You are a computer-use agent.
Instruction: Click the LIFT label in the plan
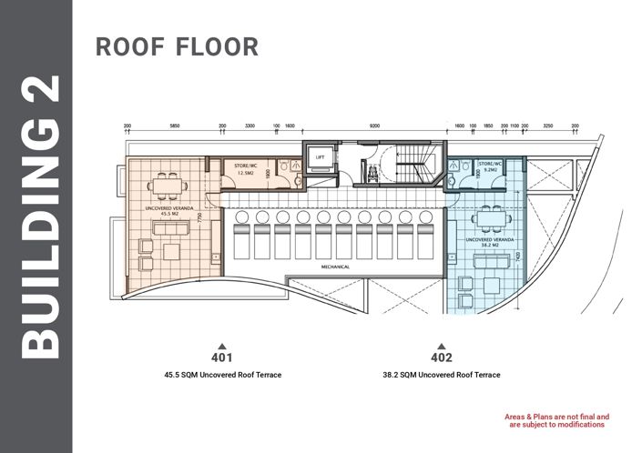320,157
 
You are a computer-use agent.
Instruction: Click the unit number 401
222,357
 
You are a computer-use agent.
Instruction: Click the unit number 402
441,357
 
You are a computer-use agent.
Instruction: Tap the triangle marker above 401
222,345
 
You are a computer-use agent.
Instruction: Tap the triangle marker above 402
441,345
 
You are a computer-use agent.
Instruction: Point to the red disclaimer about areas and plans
557,421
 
